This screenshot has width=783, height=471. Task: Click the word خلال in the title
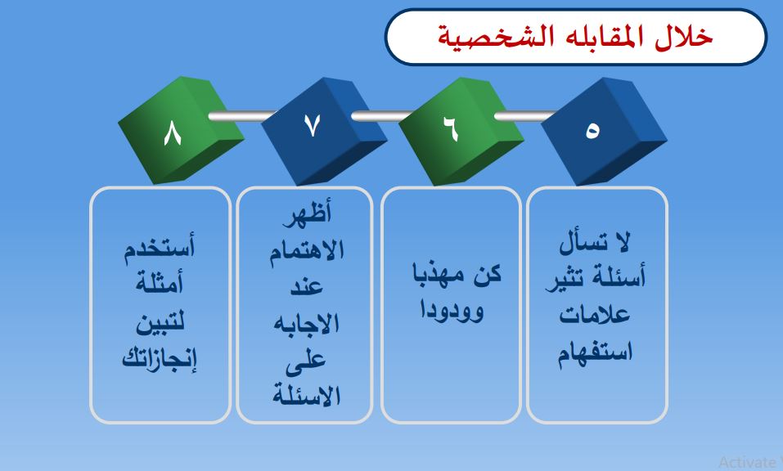coord(684,37)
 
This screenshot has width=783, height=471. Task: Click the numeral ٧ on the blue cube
coord(312,126)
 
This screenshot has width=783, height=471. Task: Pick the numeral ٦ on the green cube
coord(451,128)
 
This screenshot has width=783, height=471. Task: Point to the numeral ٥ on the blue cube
coord(592,131)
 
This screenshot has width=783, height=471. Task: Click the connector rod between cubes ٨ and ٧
coord(241,116)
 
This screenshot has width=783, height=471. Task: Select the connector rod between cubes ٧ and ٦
coord(383,116)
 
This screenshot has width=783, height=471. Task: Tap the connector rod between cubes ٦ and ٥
coord(525,116)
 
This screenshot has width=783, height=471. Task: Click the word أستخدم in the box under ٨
coord(160,246)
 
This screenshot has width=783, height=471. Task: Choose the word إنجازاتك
coord(160,357)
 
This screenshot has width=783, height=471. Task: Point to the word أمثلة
coord(160,283)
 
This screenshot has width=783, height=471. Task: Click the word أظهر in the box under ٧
coord(307,214)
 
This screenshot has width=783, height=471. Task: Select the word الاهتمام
coord(307,250)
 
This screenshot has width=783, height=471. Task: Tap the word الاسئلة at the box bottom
coord(307,396)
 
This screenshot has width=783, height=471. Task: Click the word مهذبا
coord(434,275)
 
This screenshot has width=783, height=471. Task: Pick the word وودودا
coord(452,309)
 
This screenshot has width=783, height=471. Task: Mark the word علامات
coord(594,314)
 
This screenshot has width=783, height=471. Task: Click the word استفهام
coord(596,352)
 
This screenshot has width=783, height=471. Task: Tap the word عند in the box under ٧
coord(307,286)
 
